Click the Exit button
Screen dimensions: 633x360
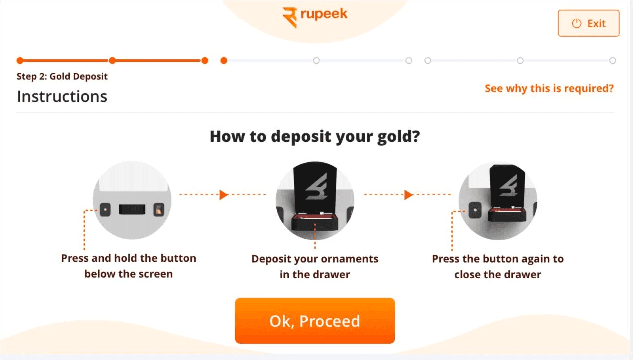coord(588,24)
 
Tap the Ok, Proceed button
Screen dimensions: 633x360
coord(315,321)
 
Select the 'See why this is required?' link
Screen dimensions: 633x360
coord(549,89)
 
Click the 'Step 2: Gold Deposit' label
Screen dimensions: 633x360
coord(62,77)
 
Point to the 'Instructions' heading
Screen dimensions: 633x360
coord(62,96)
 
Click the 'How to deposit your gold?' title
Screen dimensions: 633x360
coord(314,136)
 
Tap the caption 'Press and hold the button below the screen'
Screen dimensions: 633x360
coord(129,266)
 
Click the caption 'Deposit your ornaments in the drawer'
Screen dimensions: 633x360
coord(315,267)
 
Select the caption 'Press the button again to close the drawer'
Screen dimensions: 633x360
coord(498,267)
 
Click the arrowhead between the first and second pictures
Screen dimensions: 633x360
coord(224,194)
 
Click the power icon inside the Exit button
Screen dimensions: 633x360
coord(577,24)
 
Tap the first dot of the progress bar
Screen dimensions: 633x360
coord(20,61)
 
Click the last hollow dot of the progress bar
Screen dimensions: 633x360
coord(613,61)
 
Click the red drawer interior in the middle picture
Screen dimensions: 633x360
coord(315,217)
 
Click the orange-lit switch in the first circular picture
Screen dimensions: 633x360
coord(159,210)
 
